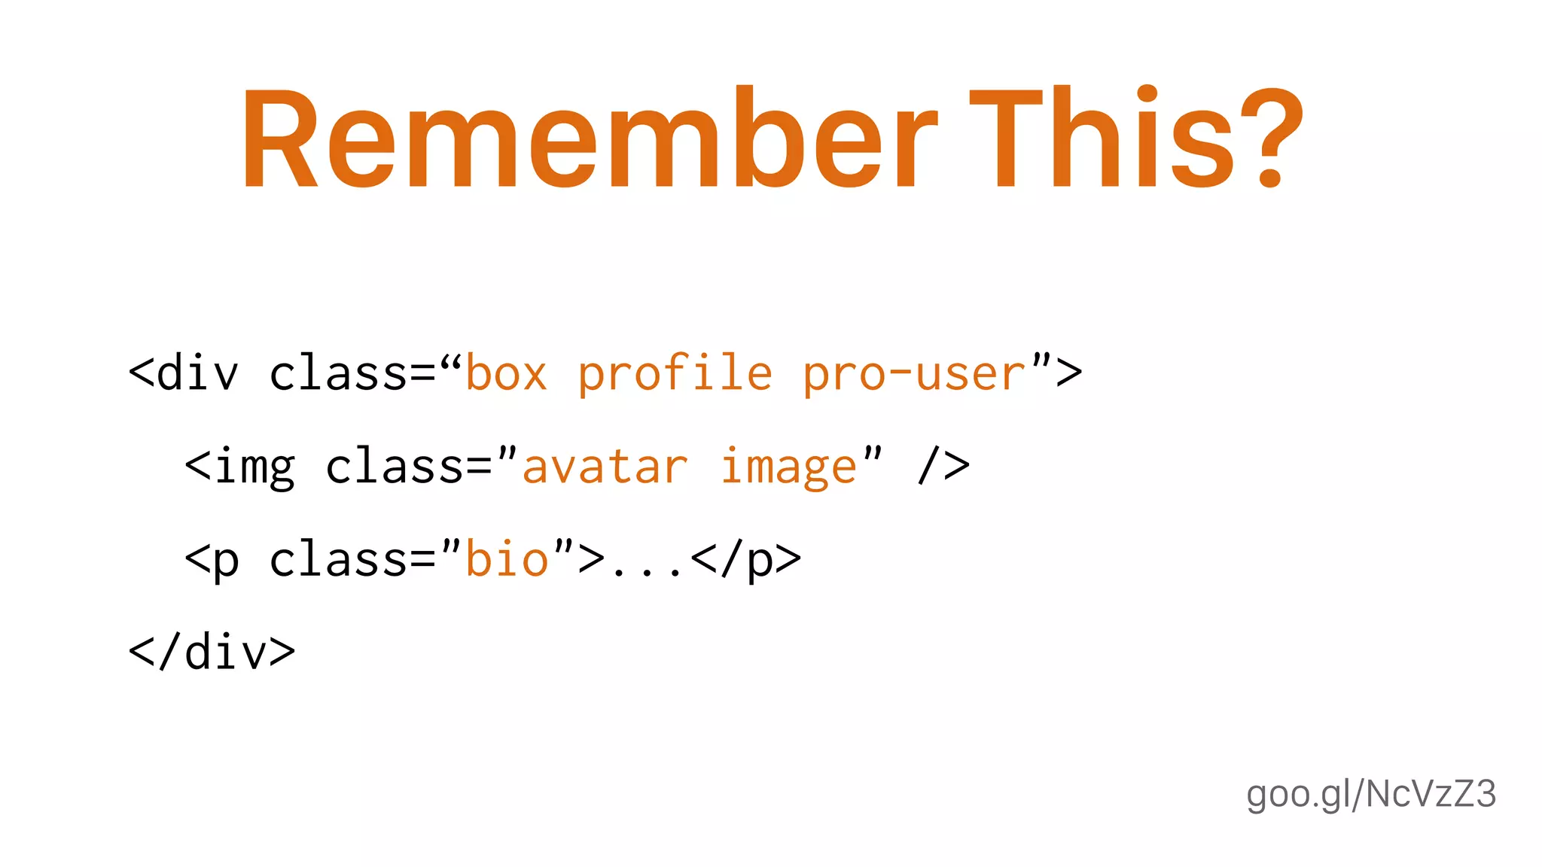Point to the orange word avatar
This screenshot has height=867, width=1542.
point(605,467)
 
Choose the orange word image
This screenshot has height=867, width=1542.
point(788,467)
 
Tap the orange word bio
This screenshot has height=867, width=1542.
point(507,560)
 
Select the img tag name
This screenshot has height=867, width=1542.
point(254,467)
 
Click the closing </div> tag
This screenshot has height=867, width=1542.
point(212,653)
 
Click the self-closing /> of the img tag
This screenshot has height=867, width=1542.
point(943,466)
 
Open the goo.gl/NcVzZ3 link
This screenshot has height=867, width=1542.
point(1370,795)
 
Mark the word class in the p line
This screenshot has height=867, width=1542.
point(338,560)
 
